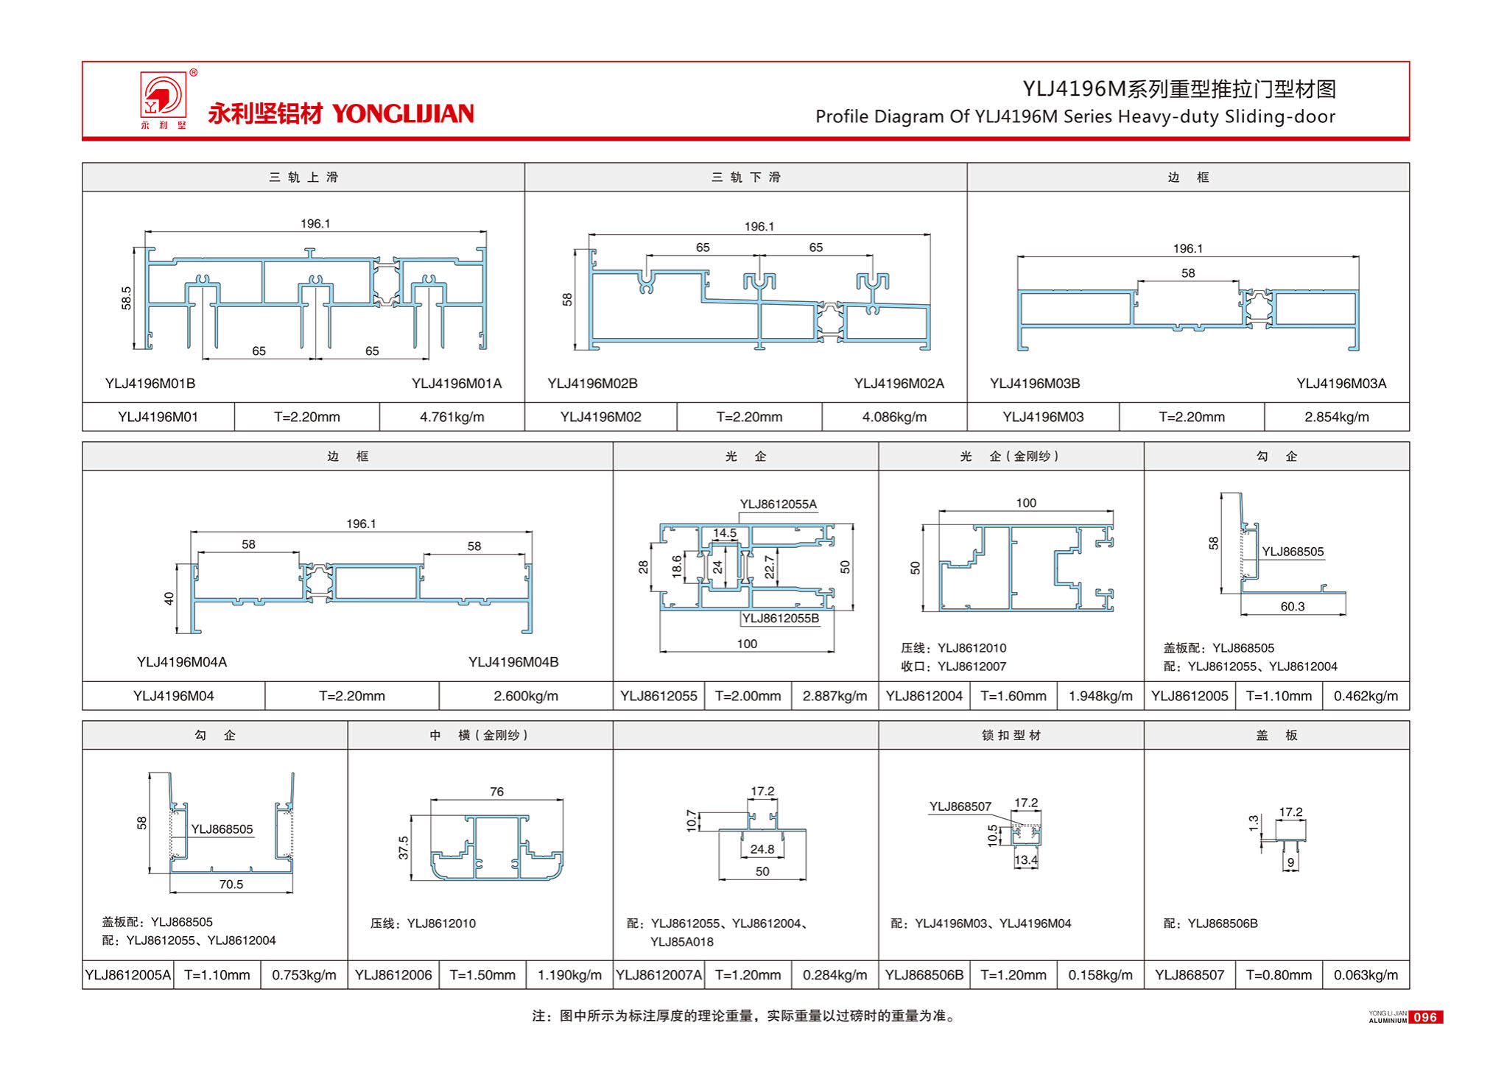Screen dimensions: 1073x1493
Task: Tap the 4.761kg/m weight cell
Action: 452,417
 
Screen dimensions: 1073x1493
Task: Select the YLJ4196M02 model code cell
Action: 600,417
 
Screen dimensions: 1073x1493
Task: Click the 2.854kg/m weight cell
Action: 1336,417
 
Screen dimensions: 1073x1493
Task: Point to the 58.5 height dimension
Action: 127,298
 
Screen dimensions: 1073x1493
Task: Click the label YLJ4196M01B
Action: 150,383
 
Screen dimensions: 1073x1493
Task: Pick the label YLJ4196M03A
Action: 1341,383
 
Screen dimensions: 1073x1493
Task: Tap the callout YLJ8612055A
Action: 778,504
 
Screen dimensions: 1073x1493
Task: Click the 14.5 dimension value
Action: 724,532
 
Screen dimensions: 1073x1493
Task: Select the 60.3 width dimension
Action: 1292,606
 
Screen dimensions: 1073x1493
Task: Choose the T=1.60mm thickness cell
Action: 1013,696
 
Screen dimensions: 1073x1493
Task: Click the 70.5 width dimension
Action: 231,884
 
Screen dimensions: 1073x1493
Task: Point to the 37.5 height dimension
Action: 404,847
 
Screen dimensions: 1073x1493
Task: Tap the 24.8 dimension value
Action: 762,849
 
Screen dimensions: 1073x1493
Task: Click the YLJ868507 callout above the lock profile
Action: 960,806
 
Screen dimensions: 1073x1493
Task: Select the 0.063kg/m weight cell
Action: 1365,975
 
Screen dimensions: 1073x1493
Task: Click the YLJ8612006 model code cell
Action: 393,975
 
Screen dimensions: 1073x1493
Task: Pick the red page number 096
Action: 1425,1017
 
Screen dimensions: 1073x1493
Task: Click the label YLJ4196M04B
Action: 513,662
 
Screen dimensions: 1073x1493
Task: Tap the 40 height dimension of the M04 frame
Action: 169,598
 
